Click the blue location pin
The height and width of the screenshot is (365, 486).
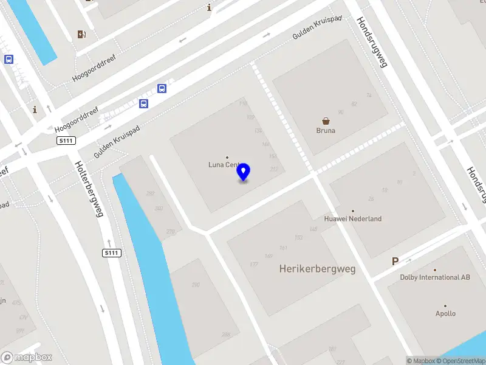pos(244,172)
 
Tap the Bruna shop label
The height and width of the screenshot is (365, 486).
pos(326,130)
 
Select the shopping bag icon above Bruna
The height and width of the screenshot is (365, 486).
pos(326,121)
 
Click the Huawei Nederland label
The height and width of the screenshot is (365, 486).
pos(352,219)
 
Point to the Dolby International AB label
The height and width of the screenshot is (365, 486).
pos(435,277)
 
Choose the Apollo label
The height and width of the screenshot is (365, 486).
pos(445,314)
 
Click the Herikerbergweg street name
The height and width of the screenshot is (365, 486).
pos(317,268)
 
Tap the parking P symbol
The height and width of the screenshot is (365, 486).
pos(395,262)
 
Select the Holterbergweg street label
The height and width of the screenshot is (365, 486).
pos(89,189)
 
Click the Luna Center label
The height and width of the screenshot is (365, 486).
pos(223,165)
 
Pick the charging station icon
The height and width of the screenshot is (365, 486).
pos(81,34)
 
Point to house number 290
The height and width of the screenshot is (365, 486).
pos(196,285)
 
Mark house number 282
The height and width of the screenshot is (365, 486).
pos(150,193)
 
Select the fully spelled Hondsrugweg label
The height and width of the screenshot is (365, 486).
pos(372,41)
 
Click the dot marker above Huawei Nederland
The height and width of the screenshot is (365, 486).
pos(352,211)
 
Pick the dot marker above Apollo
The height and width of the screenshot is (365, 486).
pos(445,306)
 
